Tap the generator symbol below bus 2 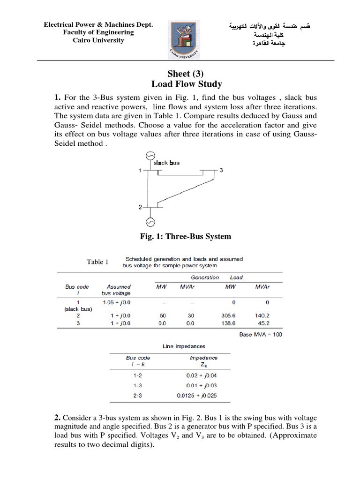[150, 220]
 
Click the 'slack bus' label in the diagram [166, 163]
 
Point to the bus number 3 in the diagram [221, 170]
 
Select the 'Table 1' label [97, 262]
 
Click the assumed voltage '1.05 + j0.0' [119, 302]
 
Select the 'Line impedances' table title [184, 346]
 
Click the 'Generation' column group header [204, 277]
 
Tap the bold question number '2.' [57, 417]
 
